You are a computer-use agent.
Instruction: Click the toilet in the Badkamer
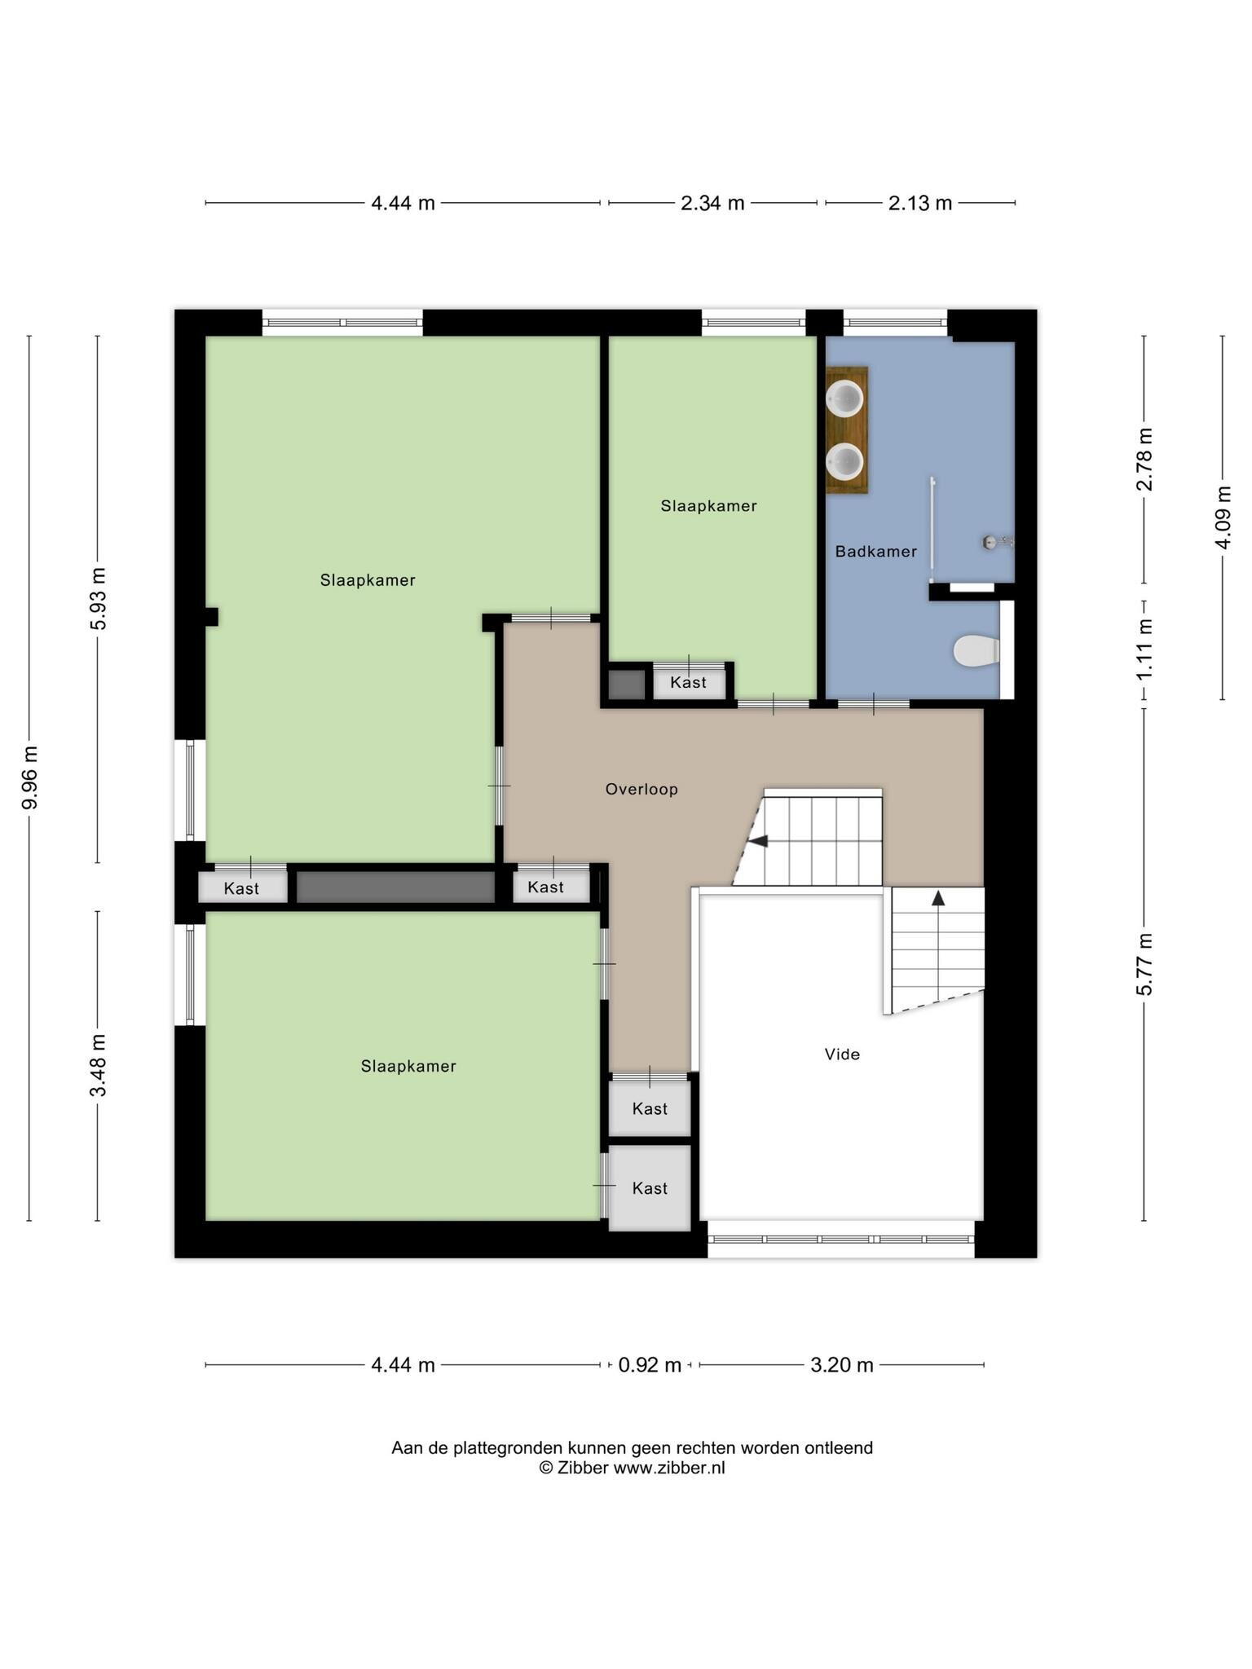[x=976, y=650]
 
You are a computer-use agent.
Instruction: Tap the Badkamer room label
[x=876, y=552]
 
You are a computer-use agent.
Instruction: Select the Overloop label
[x=641, y=789]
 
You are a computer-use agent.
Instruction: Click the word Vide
[x=842, y=1054]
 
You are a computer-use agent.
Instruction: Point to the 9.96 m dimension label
[x=30, y=777]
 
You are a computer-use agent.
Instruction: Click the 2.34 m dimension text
[x=712, y=203]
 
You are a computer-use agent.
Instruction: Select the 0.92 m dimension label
[x=650, y=1364]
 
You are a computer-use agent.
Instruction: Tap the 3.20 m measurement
[x=842, y=1364]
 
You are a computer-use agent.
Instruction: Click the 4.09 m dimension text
[x=1223, y=517]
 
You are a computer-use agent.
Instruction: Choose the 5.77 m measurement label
[x=1144, y=964]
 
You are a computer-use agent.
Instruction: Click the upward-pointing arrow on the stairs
[x=938, y=898]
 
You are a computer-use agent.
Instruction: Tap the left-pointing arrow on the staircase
[x=758, y=841]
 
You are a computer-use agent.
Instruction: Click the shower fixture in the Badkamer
[x=997, y=541]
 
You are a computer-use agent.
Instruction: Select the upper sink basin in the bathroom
[x=844, y=398]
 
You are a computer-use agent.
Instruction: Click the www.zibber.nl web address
[x=669, y=1468]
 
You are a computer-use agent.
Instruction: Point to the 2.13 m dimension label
[x=920, y=203]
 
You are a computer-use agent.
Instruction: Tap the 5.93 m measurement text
[x=98, y=599]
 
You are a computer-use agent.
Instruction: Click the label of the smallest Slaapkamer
[x=708, y=506]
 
